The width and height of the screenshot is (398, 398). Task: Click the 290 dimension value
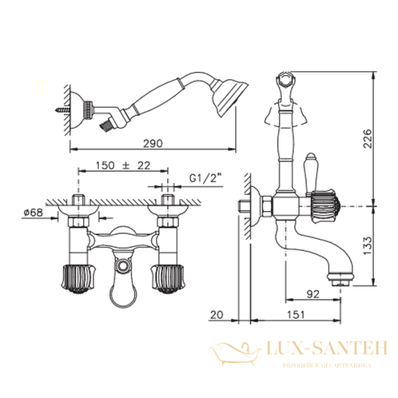(x=153, y=144)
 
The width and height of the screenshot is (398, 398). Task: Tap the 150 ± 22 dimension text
(x=123, y=165)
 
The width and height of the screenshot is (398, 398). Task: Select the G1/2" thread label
(x=206, y=178)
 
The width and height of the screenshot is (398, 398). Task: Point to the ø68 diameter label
(x=33, y=212)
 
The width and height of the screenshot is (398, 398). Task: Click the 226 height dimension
(x=367, y=139)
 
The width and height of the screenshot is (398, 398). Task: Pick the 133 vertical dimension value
(x=367, y=245)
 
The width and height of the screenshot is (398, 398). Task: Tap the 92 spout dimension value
(x=313, y=294)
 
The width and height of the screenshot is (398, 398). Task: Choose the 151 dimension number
(x=296, y=314)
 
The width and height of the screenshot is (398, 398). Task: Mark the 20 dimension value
(x=217, y=314)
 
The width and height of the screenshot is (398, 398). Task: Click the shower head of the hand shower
(x=228, y=98)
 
